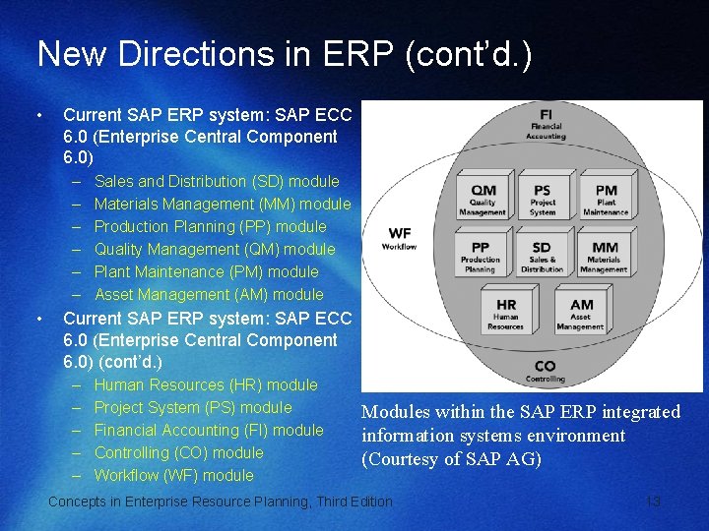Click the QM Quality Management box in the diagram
483,198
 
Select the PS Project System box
542,198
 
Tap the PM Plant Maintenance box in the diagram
605,198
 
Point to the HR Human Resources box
505,312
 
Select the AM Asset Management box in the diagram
581,312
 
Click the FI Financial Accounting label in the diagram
546,123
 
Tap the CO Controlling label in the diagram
545,370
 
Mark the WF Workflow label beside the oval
400,238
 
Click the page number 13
652,501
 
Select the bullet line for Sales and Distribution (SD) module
217,181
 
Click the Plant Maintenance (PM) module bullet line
207,271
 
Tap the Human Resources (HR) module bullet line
206,384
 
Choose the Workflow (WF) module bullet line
174,475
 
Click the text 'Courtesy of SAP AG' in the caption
452,459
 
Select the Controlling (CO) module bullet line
179,452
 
